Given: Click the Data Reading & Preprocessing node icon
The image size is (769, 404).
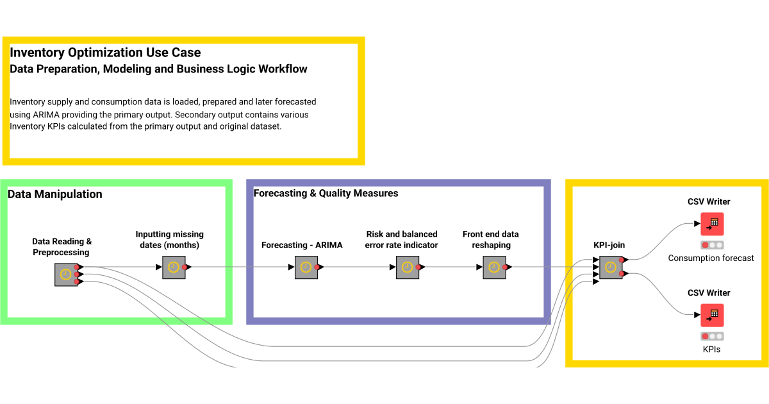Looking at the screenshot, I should click(65, 274).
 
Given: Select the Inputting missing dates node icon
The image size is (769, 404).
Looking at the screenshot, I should click(174, 267).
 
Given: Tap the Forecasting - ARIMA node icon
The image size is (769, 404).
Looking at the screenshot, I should click(306, 267).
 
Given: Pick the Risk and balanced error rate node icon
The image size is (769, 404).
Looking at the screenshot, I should click(407, 267).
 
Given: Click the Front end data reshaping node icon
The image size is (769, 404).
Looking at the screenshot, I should click(494, 267).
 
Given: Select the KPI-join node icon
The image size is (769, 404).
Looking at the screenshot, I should click(611, 267).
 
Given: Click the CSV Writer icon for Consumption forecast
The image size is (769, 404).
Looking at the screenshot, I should click(712, 224).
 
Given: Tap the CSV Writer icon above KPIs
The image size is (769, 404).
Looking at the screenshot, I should click(712, 315).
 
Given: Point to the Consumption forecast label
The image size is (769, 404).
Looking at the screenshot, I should click(711, 258).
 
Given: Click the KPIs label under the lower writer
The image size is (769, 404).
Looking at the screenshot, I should click(711, 349).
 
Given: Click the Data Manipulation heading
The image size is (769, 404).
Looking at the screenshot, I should click(54, 194).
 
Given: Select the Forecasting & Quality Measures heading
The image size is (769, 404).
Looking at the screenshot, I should click(326, 193).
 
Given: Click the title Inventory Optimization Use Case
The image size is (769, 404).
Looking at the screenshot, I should click(105, 53).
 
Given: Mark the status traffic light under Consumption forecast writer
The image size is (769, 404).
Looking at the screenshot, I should click(711, 245).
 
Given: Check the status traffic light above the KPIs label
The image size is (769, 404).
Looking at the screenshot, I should click(711, 336).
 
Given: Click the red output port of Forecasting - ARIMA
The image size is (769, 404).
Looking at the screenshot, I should click(317, 267).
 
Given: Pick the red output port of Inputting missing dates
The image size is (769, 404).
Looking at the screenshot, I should click(185, 267).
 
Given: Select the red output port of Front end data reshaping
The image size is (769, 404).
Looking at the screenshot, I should click(505, 267).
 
